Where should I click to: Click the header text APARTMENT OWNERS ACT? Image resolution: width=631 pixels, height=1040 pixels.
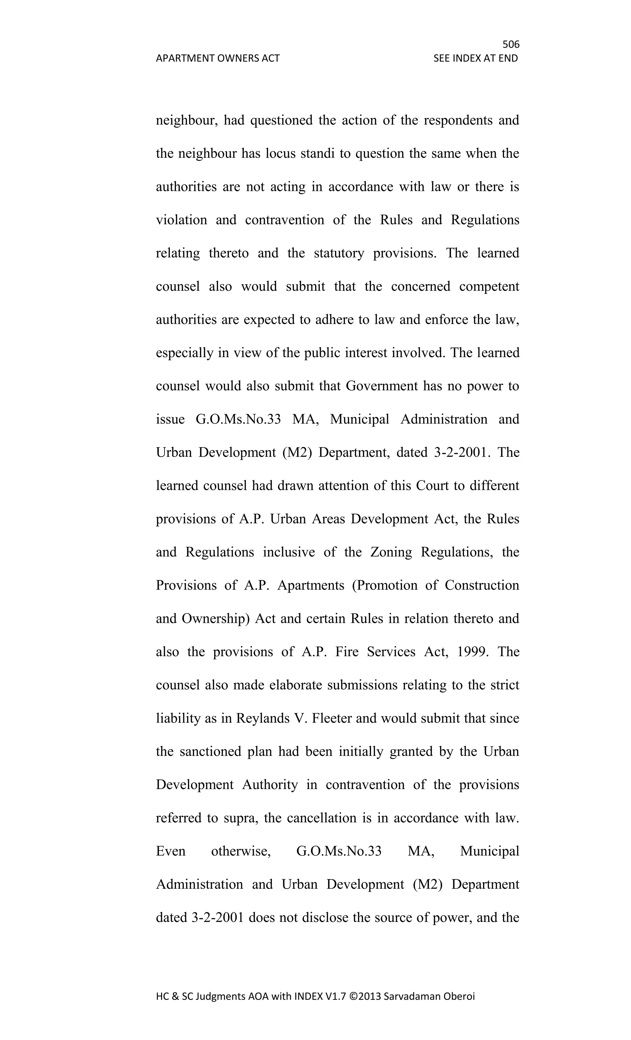[218, 58]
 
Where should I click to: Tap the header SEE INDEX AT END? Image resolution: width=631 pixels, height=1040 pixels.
[475, 58]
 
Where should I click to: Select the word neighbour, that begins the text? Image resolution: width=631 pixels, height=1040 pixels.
[186, 121]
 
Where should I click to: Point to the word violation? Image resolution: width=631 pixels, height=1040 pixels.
[181, 220]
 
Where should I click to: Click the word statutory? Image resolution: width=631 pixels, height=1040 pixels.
[339, 253]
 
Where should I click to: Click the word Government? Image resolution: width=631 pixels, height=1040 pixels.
[381, 386]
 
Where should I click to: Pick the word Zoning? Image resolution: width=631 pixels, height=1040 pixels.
[391, 552]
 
